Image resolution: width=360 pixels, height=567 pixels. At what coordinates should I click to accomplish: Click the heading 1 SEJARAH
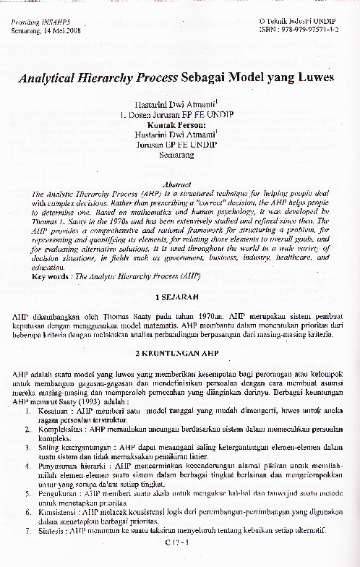pyautogui.click(x=180, y=297)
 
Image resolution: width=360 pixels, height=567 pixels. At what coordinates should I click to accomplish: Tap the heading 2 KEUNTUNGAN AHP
pyautogui.click(x=180, y=353)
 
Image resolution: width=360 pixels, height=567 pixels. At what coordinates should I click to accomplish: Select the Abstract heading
pyautogui.click(x=180, y=184)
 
